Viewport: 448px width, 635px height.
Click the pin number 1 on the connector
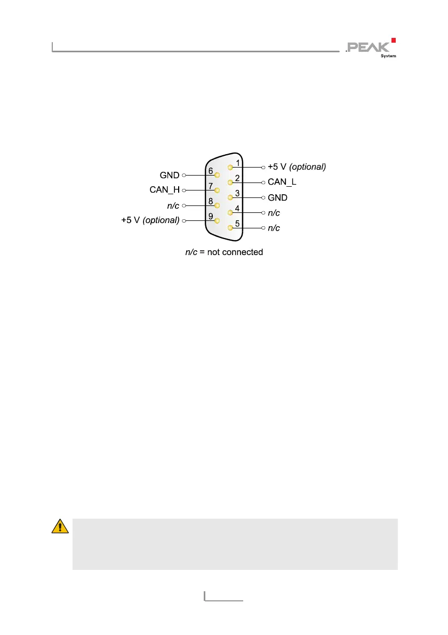238,162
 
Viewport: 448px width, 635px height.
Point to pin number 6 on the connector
211,171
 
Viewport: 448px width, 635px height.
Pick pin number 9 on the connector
211,216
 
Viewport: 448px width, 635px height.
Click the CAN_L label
282,182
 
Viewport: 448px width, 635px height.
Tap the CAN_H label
164,189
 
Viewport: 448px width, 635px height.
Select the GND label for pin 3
277,197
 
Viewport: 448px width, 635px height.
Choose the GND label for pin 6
170,174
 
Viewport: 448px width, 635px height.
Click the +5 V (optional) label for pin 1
297,167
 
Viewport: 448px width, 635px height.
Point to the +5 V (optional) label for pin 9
150,220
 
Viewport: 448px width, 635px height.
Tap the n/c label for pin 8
173,205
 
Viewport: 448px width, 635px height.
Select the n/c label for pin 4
274,213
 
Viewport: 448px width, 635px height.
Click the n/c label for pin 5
274,228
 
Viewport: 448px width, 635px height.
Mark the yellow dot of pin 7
217,189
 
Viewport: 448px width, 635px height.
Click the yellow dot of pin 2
230,182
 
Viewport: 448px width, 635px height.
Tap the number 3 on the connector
237,193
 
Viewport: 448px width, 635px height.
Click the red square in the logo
394,40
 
